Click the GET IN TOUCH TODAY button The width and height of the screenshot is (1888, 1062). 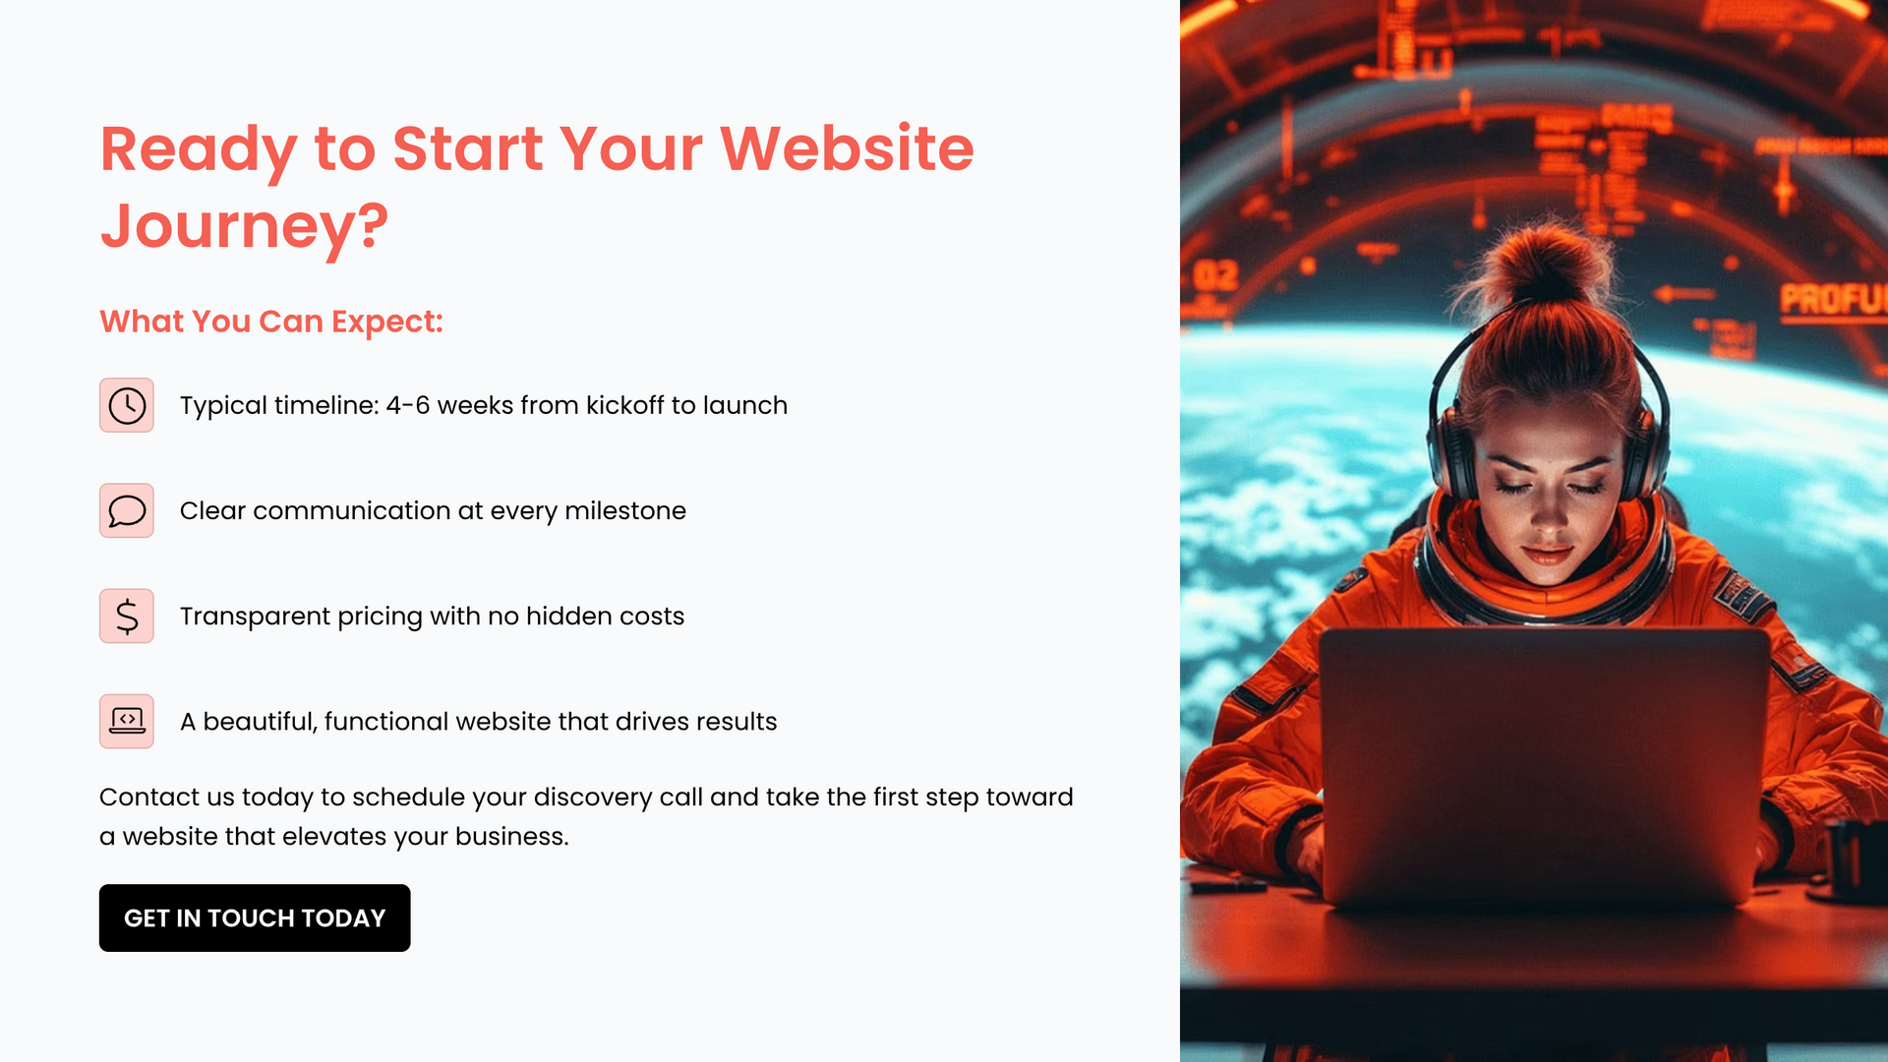click(255, 917)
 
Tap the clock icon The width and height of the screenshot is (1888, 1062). click(127, 405)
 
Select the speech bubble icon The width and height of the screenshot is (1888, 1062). click(127, 510)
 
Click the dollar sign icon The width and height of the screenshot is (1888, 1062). click(127, 616)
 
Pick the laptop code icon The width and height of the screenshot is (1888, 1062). click(127, 721)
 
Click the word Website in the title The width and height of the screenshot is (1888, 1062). click(847, 148)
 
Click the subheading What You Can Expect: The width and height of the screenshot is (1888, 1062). click(271, 322)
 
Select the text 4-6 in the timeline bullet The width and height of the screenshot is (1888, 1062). click(408, 405)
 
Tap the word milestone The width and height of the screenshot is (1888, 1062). click(625, 510)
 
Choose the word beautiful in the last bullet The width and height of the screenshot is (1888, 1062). click(261, 722)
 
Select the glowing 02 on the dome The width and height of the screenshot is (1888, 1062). click(1216, 276)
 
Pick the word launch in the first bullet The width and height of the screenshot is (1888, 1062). click(745, 405)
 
